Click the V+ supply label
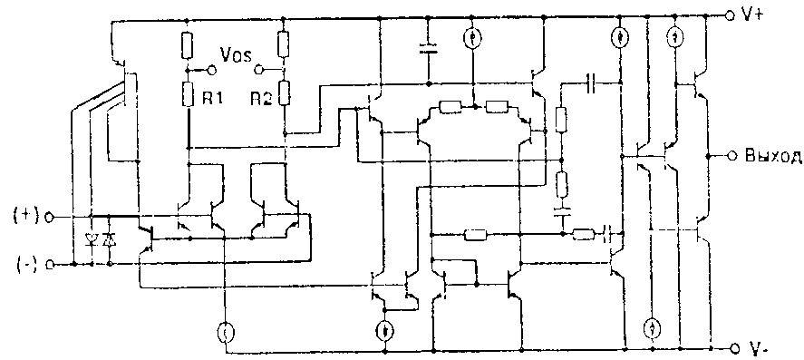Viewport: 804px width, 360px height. [752, 16]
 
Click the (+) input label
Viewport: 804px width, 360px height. [26, 216]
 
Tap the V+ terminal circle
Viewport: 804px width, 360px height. [731, 16]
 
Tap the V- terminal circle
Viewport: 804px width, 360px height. [731, 348]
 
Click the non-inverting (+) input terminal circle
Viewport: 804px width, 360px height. [50, 217]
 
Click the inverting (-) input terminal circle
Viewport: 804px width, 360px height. [50, 265]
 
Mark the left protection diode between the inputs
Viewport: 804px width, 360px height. [92, 239]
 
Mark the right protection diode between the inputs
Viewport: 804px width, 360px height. [109, 239]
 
